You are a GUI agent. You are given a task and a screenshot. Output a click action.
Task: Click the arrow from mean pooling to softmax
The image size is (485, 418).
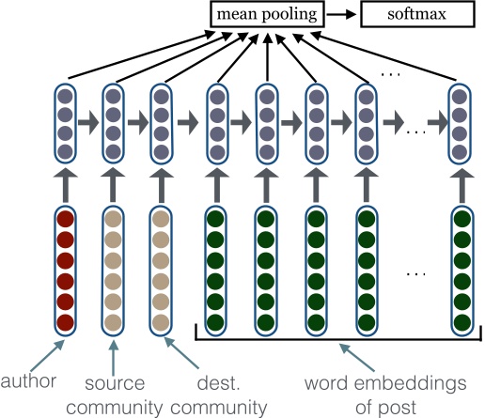(x=344, y=14)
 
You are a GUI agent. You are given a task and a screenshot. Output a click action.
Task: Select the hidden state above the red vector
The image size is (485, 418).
(x=65, y=122)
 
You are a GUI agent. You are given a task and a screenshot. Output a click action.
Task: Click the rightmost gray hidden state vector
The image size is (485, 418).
(x=459, y=122)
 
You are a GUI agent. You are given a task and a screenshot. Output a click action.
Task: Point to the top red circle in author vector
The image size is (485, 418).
(x=65, y=222)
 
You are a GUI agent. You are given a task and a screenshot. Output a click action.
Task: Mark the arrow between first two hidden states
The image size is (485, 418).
(x=88, y=122)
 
